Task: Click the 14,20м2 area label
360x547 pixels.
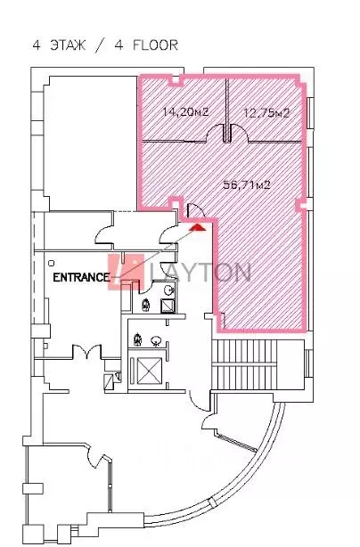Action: tap(184, 112)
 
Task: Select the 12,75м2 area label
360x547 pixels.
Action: tap(266, 112)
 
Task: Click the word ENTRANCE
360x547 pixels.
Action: tap(80, 277)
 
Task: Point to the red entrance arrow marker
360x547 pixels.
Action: tap(199, 226)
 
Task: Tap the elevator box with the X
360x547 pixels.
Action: tap(145, 372)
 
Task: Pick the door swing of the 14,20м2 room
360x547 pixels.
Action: tap(214, 135)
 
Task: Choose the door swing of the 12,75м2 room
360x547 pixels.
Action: tap(237, 135)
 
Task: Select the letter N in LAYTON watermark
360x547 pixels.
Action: tap(241, 272)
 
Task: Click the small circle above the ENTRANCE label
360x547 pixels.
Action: tap(53, 263)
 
